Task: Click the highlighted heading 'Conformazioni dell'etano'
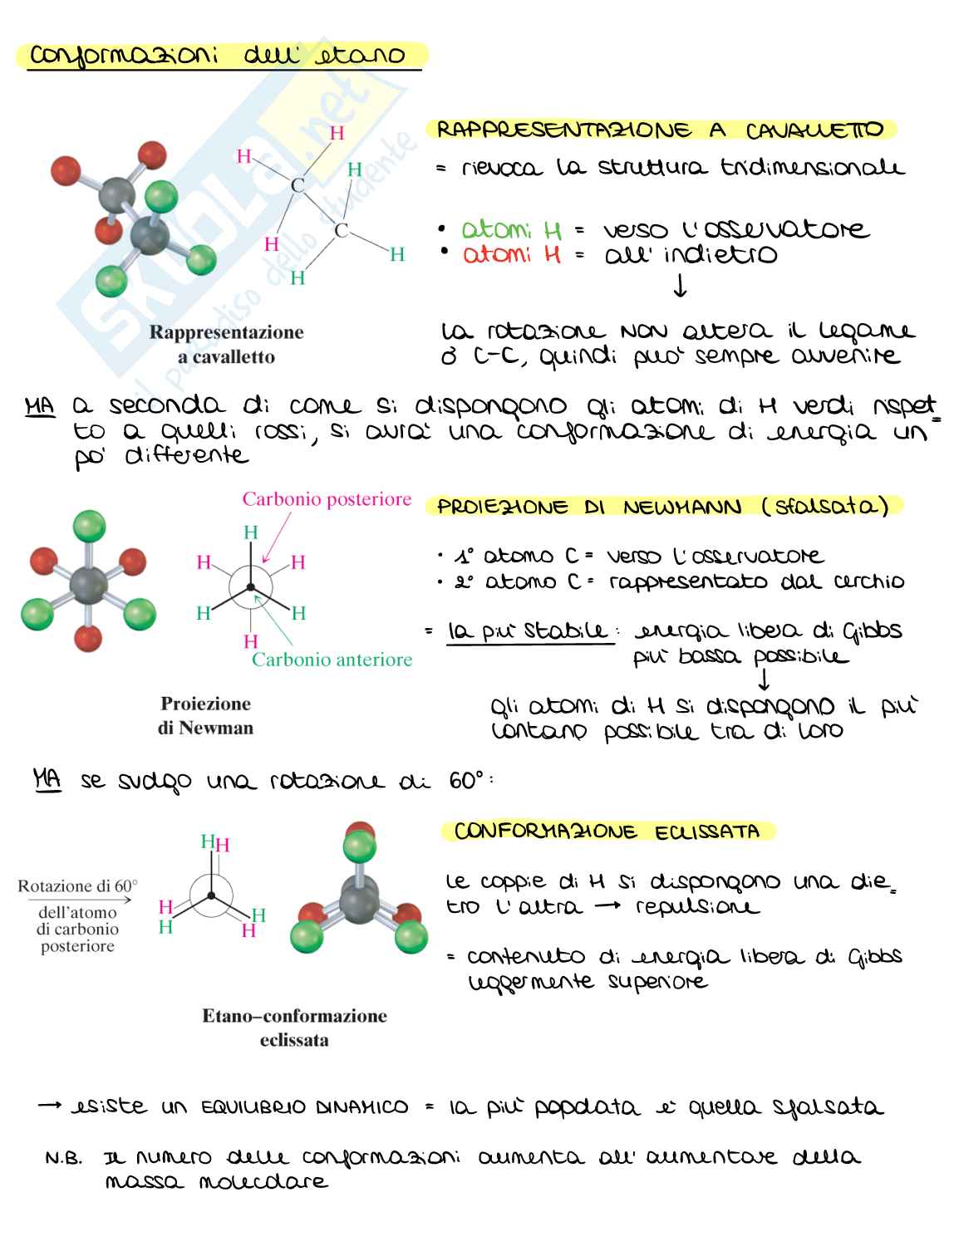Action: click(218, 56)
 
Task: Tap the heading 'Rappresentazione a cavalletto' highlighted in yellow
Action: click(660, 130)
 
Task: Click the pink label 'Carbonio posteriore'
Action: click(327, 499)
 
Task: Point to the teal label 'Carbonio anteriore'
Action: click(332, 660)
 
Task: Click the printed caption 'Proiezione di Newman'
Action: click(206, 715)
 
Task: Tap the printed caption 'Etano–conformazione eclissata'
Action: click(294, 1028)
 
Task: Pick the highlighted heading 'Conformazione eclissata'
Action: click(607, 832)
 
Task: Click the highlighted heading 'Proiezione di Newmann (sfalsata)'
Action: click(662, 507)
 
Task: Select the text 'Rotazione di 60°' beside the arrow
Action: click(78, 886)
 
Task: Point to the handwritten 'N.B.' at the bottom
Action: click(64, 1158)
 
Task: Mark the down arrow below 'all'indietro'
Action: click(681, 287)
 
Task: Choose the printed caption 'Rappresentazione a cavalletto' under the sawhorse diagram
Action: click(226, 345)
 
